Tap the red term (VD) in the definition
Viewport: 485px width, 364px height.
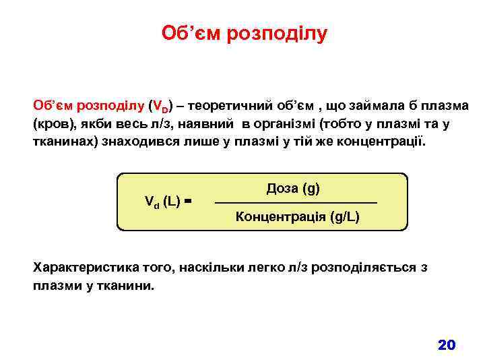[160, 106]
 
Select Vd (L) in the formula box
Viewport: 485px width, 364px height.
[162, 200]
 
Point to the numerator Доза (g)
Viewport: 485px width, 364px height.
[294, 188]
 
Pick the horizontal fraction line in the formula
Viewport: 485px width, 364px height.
[296, 203]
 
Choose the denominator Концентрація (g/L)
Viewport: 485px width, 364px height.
[297, 217]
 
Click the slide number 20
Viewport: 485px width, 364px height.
[447, 345]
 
